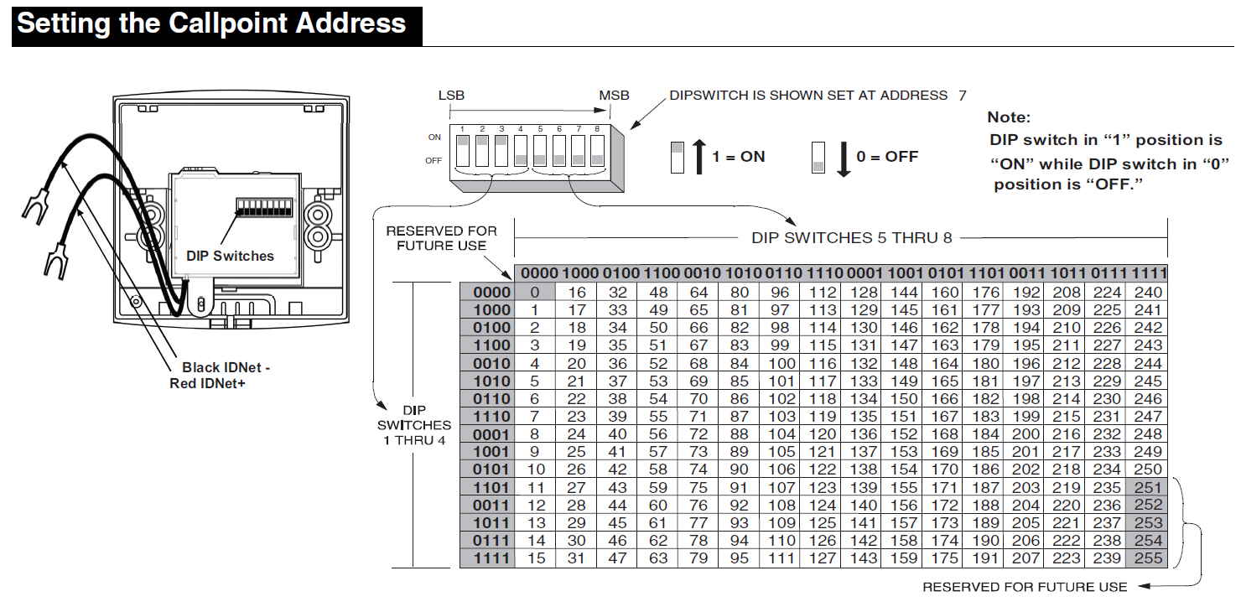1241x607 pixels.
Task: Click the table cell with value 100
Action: tap(780, 363)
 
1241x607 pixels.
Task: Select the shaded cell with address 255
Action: tap(1147, 558)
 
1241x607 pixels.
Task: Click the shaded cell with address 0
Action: tap(535, 292)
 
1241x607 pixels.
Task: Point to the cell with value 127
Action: tap(821, 558)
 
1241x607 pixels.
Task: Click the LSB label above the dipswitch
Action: tap(451, 96)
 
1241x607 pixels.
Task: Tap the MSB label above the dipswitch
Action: tap(614, 96)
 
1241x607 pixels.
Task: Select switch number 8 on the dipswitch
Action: tap(597, 151)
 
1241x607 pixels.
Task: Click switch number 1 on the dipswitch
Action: tap(463, 151)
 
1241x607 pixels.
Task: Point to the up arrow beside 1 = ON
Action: tap(699, 157)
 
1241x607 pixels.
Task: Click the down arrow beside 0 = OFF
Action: tap(844, 159)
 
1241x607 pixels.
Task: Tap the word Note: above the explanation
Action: tap(1009, 117)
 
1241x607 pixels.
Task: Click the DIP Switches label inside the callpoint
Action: tap(230, 256)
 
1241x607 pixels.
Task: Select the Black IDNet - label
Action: tap(226, 367)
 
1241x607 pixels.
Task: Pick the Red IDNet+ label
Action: tap(207, 383)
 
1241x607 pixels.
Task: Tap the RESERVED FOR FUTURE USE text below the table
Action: tap(1025, 587)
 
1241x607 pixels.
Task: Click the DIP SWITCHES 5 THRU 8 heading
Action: tap(852, 238)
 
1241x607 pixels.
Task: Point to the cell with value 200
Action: tap(1025, 434)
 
